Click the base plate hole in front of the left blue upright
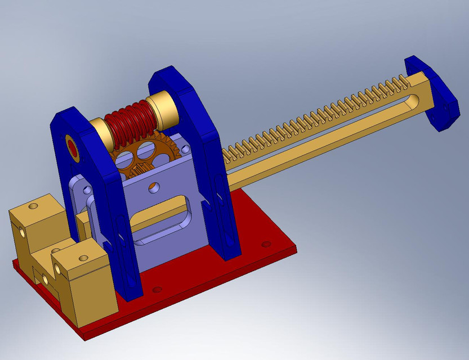tap(157, 290)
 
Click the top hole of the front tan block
tap(83, 258)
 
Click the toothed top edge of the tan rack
tap(315, 112)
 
